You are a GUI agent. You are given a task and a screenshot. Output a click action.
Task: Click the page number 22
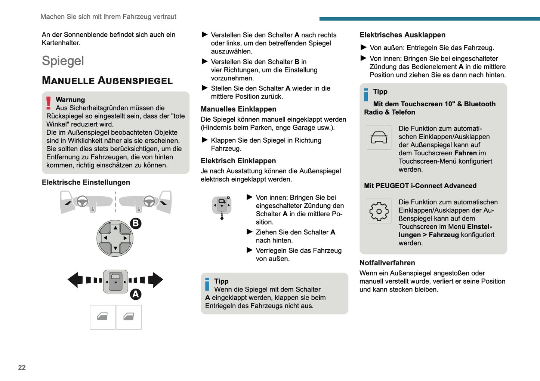tap(22, 368)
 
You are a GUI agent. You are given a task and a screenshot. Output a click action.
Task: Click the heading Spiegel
tap(63, 61)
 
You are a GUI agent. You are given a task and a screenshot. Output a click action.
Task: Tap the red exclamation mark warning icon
tap(49, 103)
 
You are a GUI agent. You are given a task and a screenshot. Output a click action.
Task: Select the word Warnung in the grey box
tap(70, 100)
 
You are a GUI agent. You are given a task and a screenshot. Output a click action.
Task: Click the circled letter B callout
tap(135, 223)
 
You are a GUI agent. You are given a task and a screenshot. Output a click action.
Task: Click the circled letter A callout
tap(135, 294)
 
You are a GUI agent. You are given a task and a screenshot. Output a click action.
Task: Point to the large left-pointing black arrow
tap(75, 280)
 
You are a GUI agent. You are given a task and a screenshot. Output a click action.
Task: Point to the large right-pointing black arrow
tap(155, 280)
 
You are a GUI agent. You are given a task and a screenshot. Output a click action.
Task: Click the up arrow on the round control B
tap(115, 228)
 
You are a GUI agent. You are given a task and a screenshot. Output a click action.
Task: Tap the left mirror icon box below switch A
tap(102, 317)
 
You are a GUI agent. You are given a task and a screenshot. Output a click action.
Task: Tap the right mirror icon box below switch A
tap(129, 317)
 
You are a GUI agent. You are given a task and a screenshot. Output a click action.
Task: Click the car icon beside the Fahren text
tap(379, 137)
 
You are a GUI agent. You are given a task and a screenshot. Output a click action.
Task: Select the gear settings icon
tap(379, 211)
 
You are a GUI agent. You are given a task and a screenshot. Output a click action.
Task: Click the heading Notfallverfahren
tap(387, 263)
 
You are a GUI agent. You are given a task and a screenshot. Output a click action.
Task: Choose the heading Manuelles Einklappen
tap(238, 109)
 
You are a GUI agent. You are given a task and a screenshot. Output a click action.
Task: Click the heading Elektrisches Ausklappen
tap(402, 35)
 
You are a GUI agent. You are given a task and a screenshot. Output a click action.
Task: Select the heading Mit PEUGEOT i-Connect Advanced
tap(420, 186)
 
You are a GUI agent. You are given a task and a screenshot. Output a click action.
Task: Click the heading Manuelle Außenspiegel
tap(107, 80)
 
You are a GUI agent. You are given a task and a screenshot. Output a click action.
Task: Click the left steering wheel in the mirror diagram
tap(82, 201)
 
